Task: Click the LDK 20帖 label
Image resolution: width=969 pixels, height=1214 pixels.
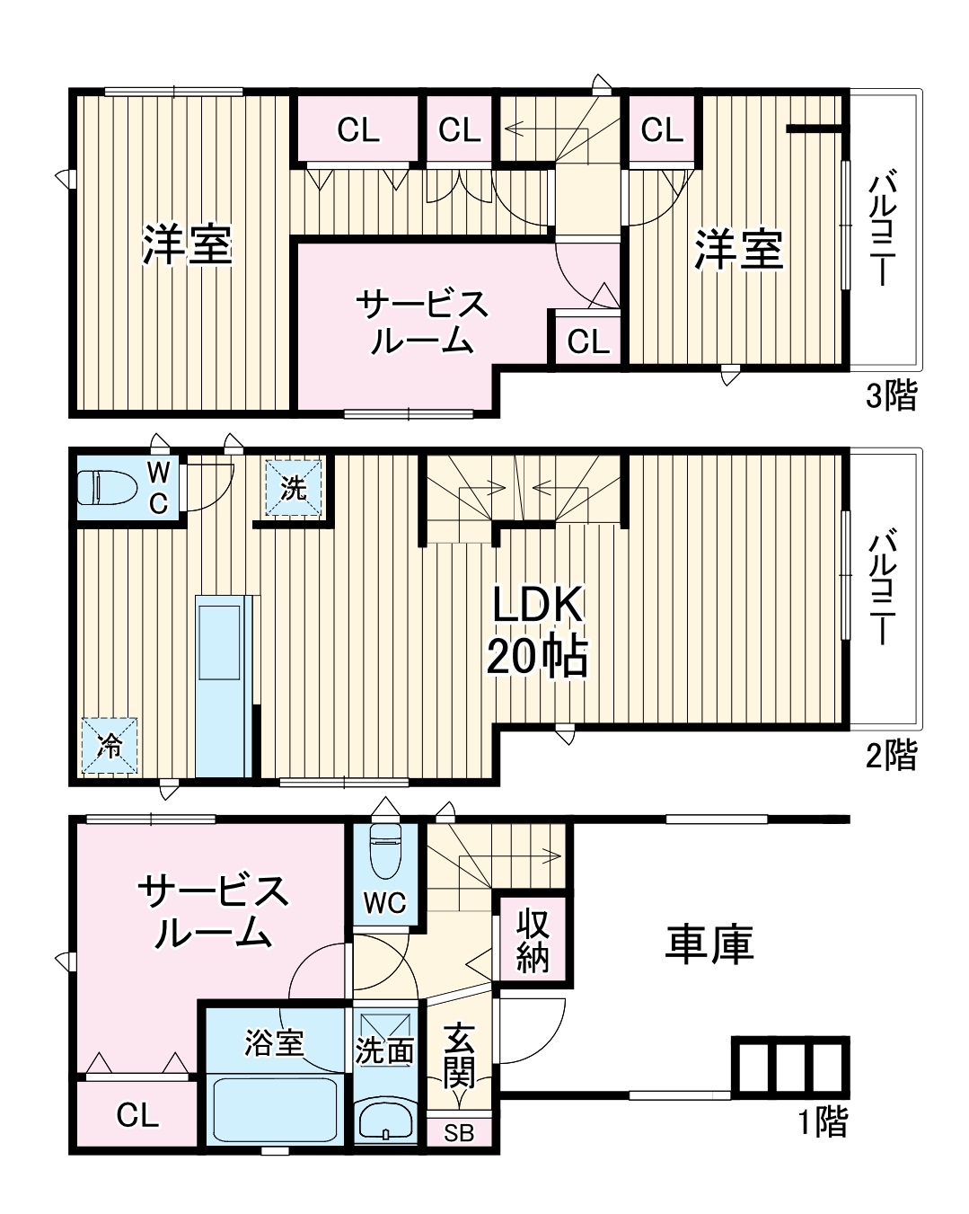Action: point(537,632)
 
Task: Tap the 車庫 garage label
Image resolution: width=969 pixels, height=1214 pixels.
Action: point(709,944)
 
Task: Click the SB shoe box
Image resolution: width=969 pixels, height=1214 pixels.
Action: point(459,1133)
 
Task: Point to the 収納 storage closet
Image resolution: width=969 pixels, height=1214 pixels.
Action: point(533,939)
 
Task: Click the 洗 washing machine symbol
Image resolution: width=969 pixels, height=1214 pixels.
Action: point(293,489)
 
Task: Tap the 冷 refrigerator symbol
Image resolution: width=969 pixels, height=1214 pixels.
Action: point(110,745)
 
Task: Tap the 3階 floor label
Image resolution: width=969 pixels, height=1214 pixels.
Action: point(891,395)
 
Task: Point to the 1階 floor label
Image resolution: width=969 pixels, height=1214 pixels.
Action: point(823,1121)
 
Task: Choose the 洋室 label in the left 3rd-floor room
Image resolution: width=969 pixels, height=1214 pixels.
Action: point(188,245)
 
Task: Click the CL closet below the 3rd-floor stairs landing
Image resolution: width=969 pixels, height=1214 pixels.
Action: point(588,341)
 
